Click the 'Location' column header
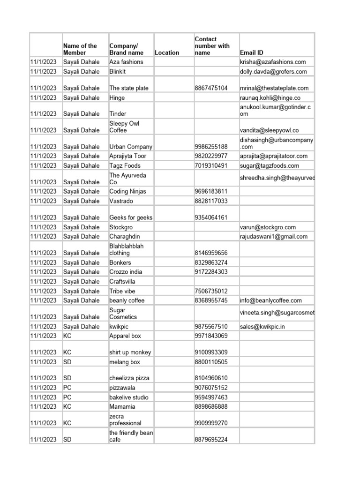click(166, 52)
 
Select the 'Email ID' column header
click(253, 52)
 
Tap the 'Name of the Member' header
click(80, 49)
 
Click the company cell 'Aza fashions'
click(126, 62)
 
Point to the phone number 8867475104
click(211, 88)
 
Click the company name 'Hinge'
click(117, 97)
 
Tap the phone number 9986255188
click(211, 147)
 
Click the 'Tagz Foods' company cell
click(125, 165)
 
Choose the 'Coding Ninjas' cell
click(127, 191)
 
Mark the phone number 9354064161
click(211, 217)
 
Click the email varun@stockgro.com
click(268, 227)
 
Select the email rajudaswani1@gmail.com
click(274, 237)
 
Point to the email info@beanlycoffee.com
click(270, 300)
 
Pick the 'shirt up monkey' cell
click(130, 352)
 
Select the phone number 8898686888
click(211, 407)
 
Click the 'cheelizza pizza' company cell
click(130, 378)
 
